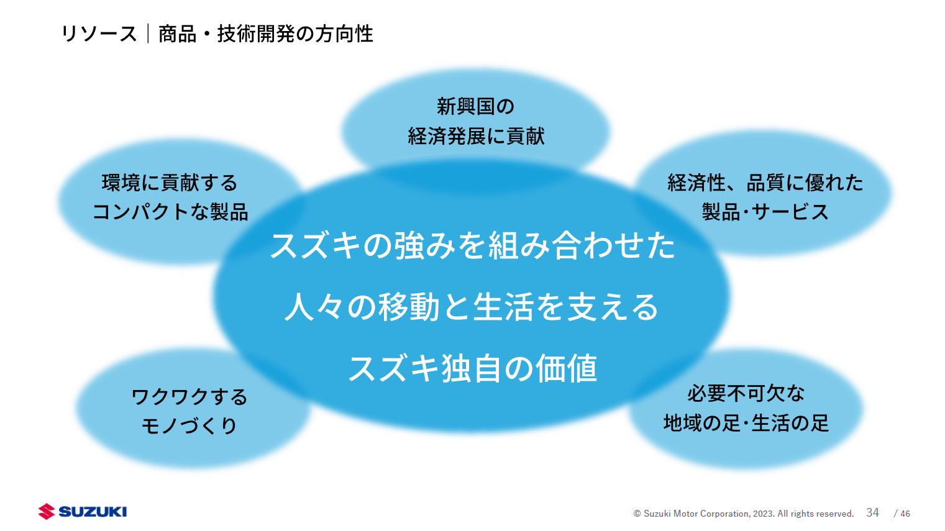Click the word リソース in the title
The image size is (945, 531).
(x=99, y=34)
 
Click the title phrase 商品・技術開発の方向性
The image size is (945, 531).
(x=265, y=34)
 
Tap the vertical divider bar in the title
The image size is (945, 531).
(x=148, y=34)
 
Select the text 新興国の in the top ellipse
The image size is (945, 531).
(x=475, y=106)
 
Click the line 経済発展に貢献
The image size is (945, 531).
(x=476, y=136)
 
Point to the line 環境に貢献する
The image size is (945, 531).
(x=170, y=183)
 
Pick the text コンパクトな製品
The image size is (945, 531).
(x=170, y=212)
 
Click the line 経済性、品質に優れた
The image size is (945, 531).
(x=765, y=183)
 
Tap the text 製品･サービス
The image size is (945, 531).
(x=765, y=212)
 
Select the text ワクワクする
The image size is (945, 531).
(x=189, y=396)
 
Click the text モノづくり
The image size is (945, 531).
(x=189, y=425)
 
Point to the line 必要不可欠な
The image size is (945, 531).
(x=746, y=393)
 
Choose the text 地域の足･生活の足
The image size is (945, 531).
(x=746, y=423)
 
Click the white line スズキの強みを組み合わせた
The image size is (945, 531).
(x=472, y=245)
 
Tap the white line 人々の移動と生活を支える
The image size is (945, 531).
(x=472, y=307)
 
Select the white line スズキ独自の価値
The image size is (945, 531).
(x=472, y=368)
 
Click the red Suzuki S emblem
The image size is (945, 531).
(x=47, y=511)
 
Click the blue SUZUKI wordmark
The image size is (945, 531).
(x=93, y=511)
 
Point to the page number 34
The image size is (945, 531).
(x=872, y=512)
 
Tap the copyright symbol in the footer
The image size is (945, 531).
(x=637, y=514)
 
